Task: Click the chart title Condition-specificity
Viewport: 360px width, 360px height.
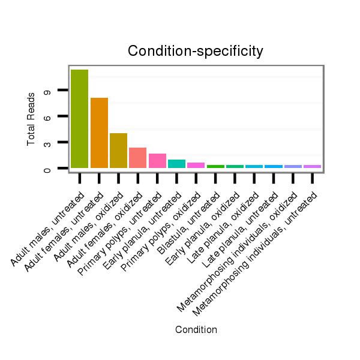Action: [196, 52]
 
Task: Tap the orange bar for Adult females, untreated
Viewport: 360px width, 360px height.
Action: [99, 133]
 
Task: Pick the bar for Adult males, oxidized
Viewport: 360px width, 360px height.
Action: [118, 151]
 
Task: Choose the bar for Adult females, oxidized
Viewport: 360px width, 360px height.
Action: [137, 158]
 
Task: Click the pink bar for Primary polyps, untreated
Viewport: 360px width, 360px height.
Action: [157, 161]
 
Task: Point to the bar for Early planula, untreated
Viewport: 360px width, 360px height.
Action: [176, 164]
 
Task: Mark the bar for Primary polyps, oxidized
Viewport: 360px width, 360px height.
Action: [196, 165]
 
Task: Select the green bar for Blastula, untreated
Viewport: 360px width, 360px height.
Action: [215, 166]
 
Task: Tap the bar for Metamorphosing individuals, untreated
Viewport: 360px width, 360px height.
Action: [312, 166]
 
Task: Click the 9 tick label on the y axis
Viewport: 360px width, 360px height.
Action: [46, 90]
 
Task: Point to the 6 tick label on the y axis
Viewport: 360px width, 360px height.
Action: [46, 116]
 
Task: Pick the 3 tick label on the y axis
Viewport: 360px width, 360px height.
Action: [46, 143]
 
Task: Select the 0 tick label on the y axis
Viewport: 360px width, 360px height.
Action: [46, 169]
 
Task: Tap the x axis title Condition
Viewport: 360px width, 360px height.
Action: [196, 329]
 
